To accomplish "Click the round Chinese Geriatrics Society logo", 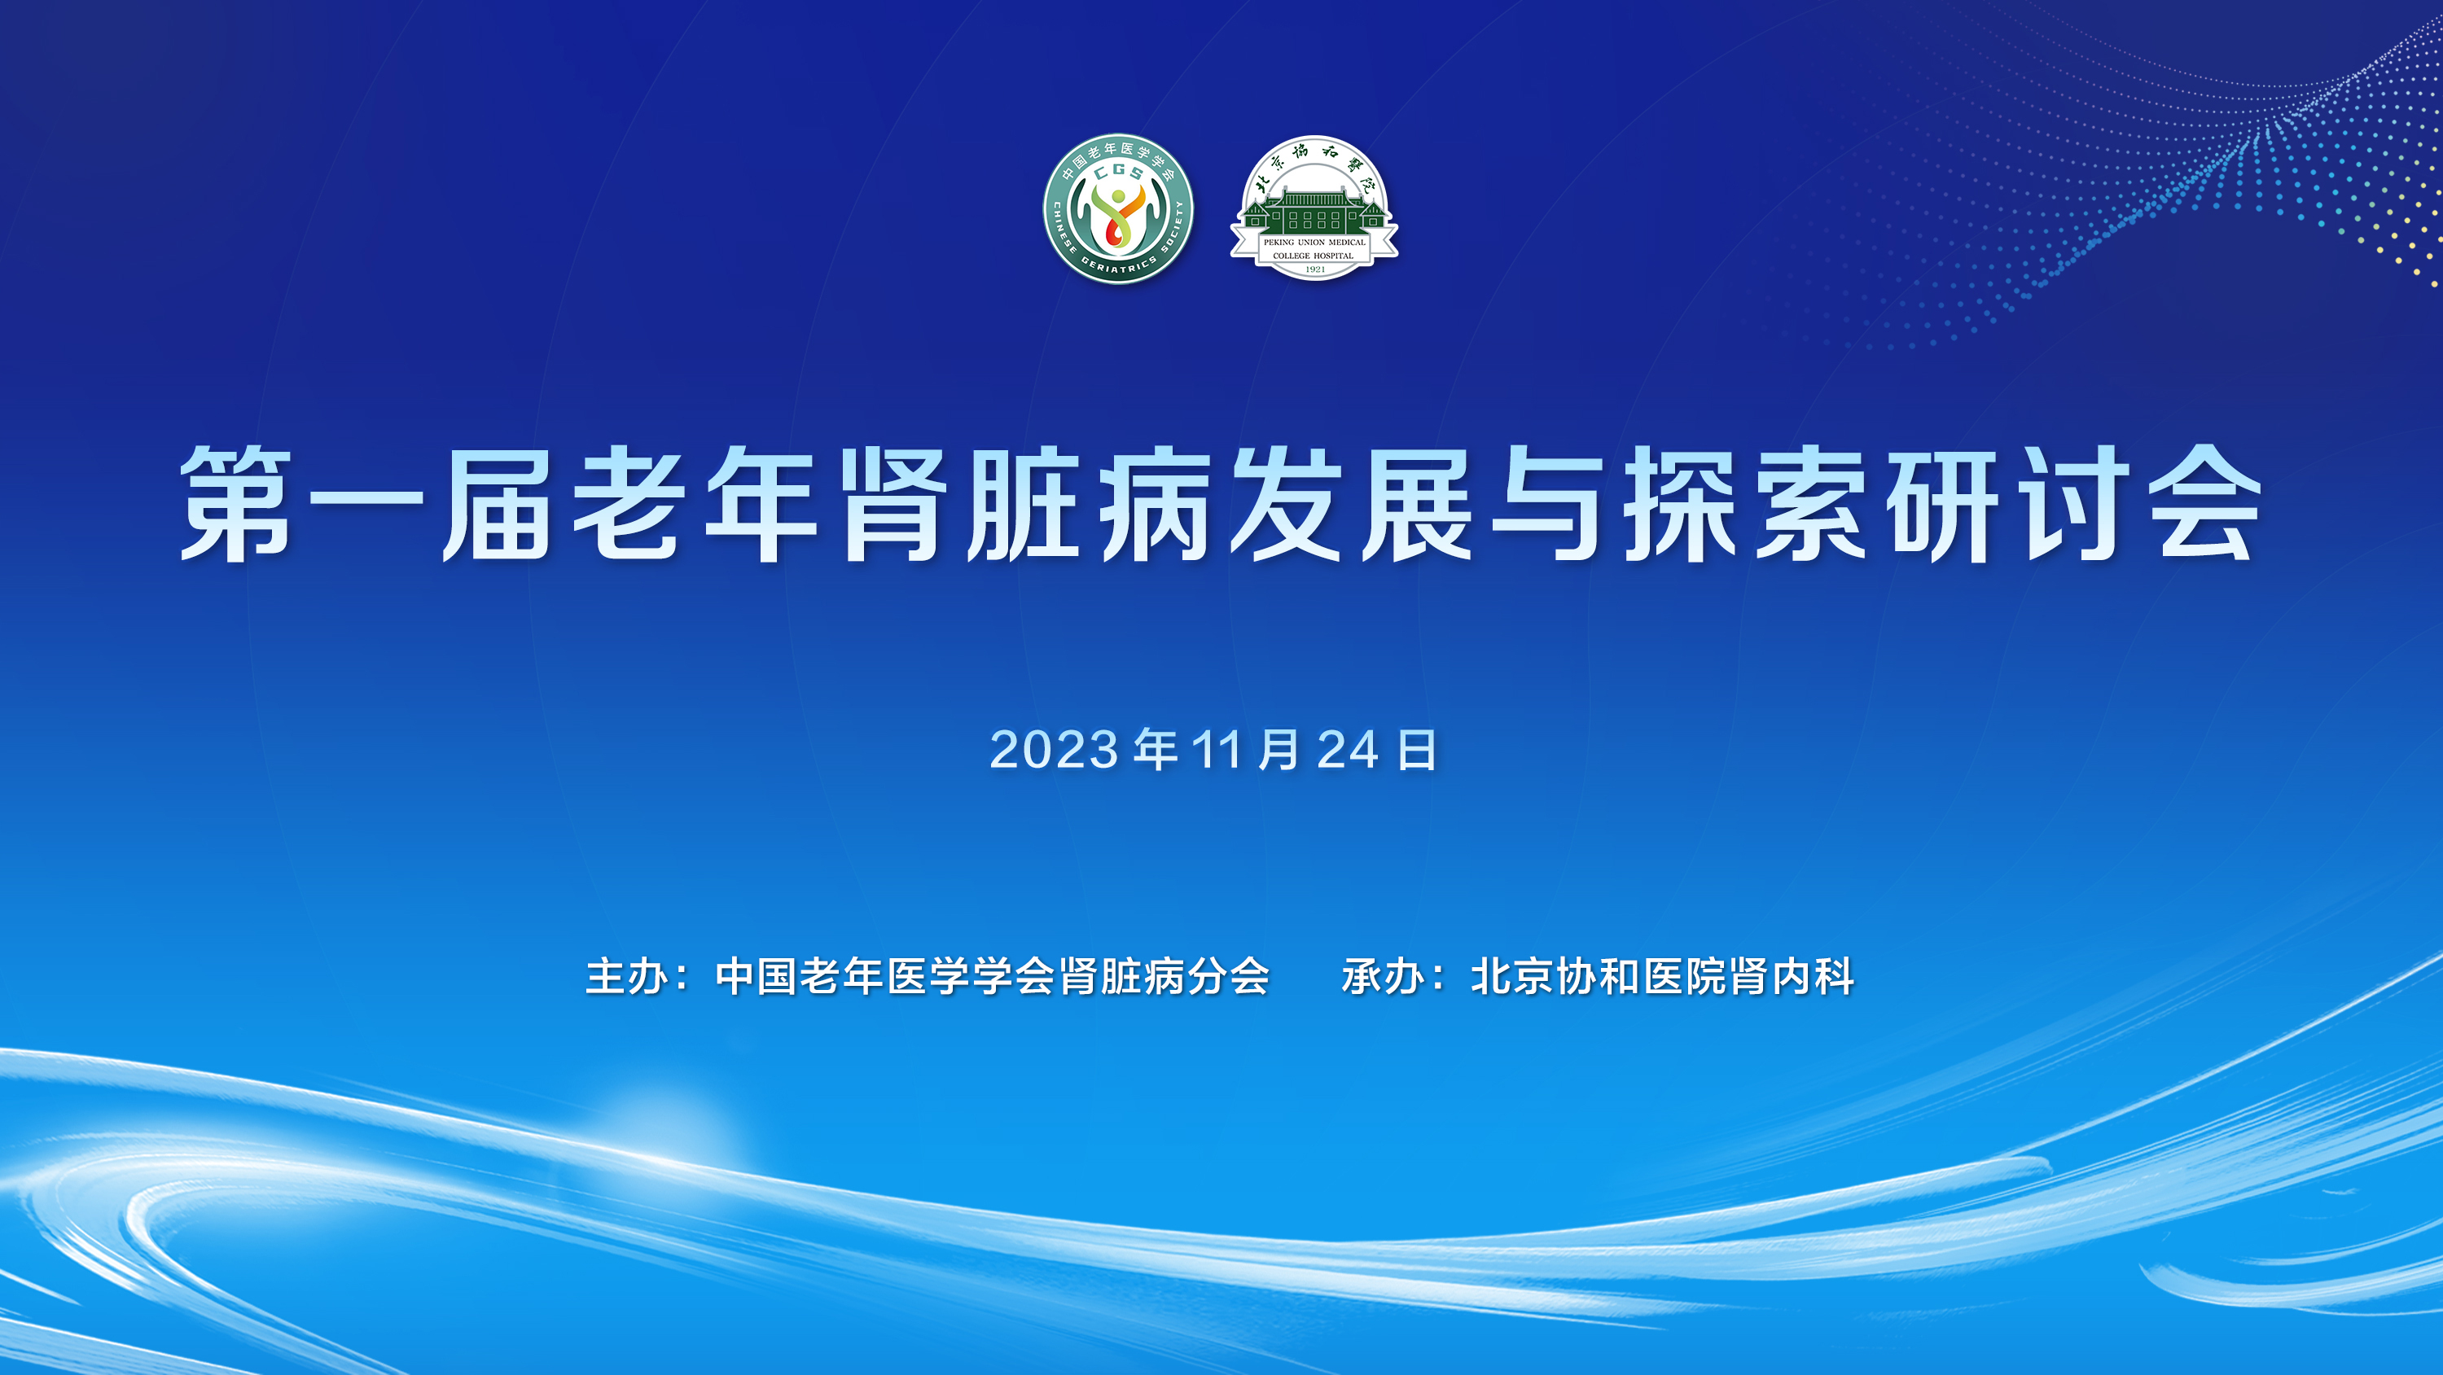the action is (x=1118, y=208).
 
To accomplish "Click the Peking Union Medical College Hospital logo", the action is (x=1314, y=208).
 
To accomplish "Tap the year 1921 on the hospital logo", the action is (x=1314, y=269).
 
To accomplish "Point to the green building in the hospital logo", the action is (x=1314, y=211).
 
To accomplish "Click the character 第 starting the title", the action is (x=236, y=504).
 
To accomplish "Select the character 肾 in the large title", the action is (x=893, y=504).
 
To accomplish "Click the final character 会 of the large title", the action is (x=2206, y=504).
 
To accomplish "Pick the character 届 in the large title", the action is (x=498, y=504).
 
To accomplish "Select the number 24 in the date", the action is (x=1348, y=750).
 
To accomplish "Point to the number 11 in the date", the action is (x=1217, y=750).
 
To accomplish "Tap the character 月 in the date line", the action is (x=1279, y=750).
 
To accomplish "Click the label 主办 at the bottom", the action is (x=627, y=977).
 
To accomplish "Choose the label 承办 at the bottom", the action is (x=1383, y=977).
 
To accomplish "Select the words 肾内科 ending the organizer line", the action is (x=1792, y=977).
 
